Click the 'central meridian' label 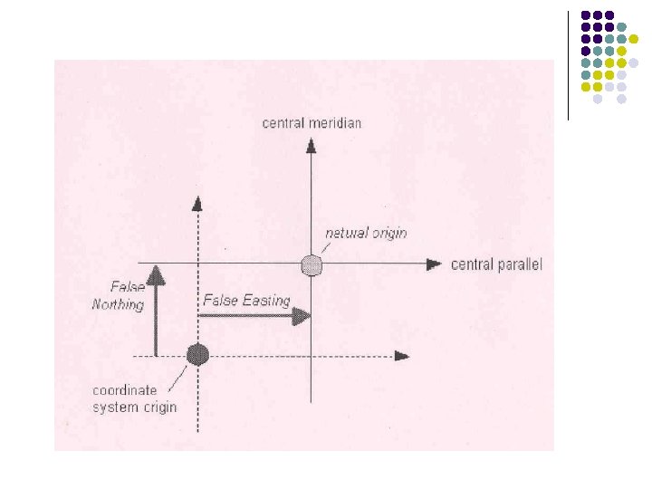tap(312, 123)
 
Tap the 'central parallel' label tap(496, 264)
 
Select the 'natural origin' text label tap(365, 233)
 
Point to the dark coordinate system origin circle tap(197, 354)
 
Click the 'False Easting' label tap(246, 300)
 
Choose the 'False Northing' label tap(119, 295)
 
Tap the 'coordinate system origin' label tap(134, 398)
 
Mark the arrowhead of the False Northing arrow tap(156, 271)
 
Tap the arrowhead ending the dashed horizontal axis tap(402, 355)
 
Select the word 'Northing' tap(119, 304)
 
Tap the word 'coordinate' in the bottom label tap(125, 390)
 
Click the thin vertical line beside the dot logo tap(568, 65)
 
